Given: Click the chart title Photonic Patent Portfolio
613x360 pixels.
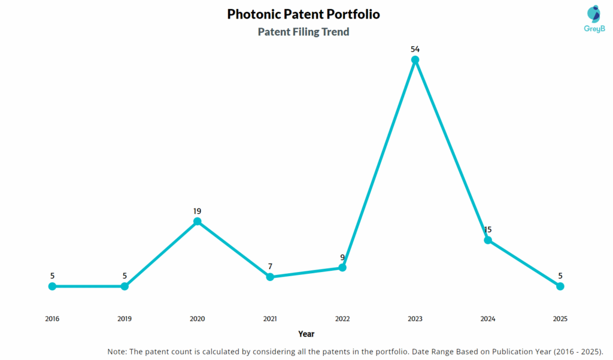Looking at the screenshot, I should click(304, 14).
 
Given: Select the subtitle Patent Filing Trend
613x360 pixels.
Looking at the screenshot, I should click(304, 32).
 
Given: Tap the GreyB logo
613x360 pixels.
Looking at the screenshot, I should click(593, 18).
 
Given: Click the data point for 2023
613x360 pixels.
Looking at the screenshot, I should click(415, 60).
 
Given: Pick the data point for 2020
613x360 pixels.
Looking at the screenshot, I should click(197, 222).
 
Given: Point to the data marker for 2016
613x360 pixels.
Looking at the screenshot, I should click(52, 286).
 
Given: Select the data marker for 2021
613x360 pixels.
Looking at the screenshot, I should click(270, 277).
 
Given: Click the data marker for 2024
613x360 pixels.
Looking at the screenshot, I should click(488, 240).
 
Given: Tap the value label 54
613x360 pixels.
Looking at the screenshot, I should click(415, 48).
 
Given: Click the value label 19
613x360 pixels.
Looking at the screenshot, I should click(197, 211).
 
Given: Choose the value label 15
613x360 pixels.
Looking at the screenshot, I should click(488, 229).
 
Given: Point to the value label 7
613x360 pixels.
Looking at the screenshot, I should click(270, 266).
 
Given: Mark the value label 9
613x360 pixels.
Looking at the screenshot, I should click(342, 258).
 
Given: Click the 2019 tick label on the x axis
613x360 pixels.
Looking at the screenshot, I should click(125, 319).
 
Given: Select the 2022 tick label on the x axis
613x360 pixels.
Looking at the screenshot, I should click(342, 319).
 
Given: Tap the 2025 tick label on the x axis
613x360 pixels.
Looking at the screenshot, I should click(560, 319).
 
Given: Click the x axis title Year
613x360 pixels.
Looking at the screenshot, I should click(306, 334).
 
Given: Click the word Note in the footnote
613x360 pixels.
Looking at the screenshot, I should click(117, 351).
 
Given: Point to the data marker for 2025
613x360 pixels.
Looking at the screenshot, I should click(560, 286).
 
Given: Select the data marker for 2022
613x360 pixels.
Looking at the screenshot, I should click(342, 268).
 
